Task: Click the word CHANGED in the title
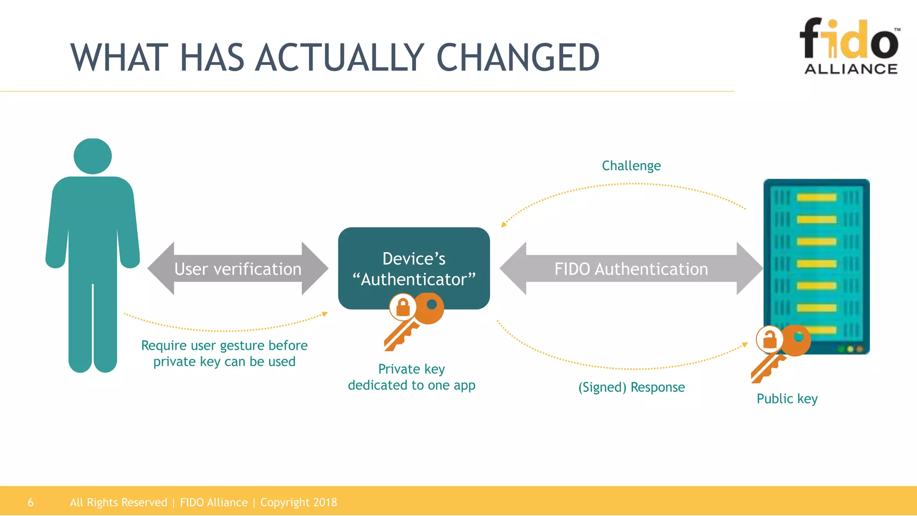(518, 58)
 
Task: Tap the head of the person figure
(93, 156)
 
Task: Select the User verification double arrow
(238, 269)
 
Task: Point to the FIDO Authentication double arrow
(631, 269)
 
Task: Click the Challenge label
(631, 166)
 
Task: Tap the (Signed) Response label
(631, 387)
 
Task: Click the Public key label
(787, 399)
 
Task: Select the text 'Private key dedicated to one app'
(411, 377)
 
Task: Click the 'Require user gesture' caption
(224, 353)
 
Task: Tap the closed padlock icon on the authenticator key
(403, 307)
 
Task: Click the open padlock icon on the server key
(770, 339)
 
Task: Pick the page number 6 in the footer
(30, 503)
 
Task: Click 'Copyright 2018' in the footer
(299, 503)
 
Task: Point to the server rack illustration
(816, 267)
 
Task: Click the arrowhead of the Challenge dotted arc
(503, 224)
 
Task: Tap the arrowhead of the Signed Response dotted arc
(745, 344)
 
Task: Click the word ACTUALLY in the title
(340, 58)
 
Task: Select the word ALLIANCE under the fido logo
(851, 69)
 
